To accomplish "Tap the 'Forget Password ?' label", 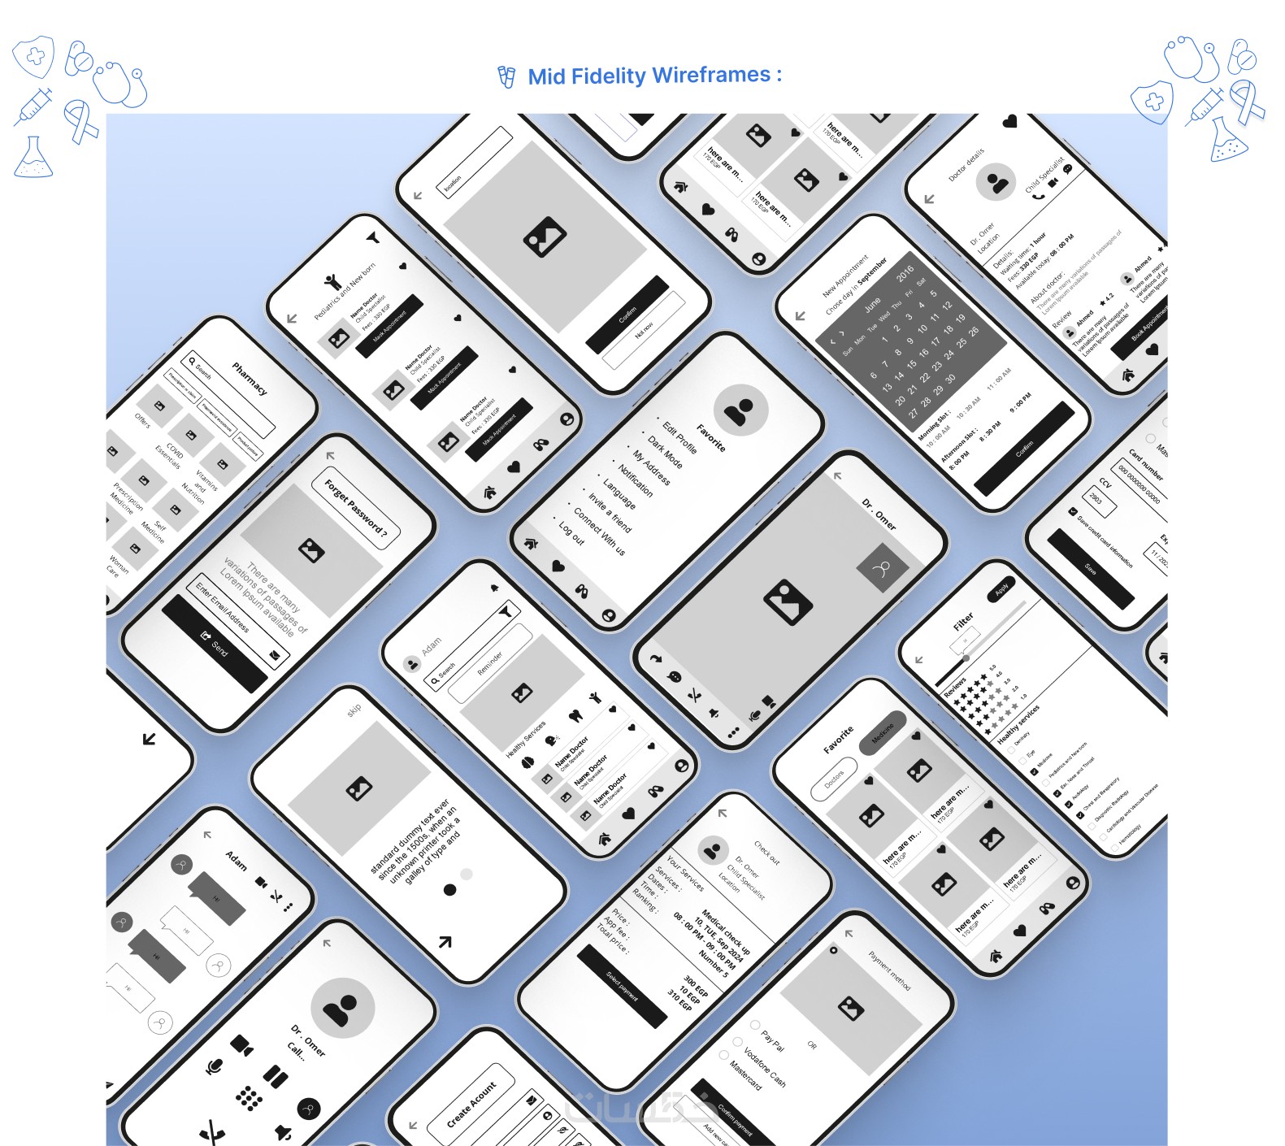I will tap(356, 510).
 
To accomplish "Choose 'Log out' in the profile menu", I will tap(571, 532).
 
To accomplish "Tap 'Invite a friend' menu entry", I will tap(610, 511).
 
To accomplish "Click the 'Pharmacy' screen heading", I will tap(250, 378).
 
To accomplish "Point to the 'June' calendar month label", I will tap(872, 306).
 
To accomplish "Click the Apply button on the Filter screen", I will tap(1002, 588).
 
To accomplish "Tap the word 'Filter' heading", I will tap(963, 622).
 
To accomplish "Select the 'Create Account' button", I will tap(471, 1104).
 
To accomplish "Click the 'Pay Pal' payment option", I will tap(772, 1040).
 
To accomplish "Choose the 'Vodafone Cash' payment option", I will tap(764, 1067).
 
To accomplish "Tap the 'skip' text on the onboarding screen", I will tap(354, 710).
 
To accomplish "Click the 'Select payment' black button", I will tap(622, 986).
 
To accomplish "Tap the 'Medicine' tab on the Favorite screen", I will tap(883, 733).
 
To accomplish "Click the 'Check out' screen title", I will tap(766, 852).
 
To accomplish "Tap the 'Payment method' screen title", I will tap(889, 970).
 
